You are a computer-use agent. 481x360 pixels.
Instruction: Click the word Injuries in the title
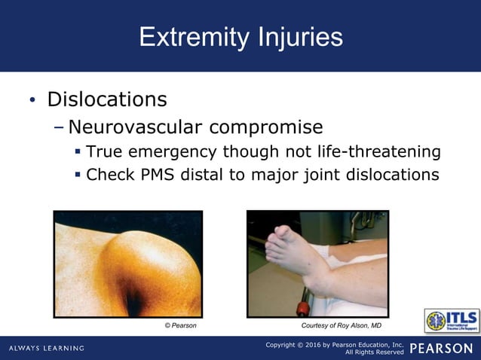coord(298,37)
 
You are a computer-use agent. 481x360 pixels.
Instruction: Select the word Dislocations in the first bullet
coord(107,99)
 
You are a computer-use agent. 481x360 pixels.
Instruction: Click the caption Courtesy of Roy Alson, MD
coord(342,326)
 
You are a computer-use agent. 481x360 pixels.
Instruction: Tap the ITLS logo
coord(451,320)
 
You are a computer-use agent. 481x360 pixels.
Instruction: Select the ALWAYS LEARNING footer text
coord(47,348)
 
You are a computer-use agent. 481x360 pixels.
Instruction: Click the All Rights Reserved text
coord(375,352)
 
